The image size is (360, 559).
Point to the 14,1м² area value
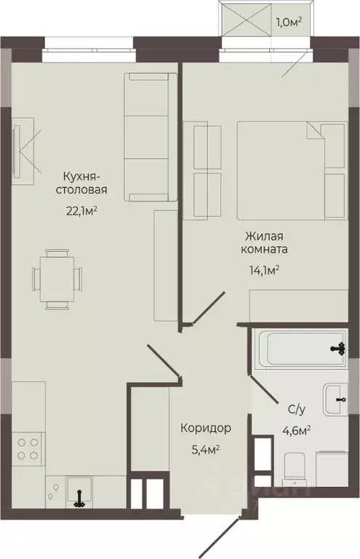click(x=265, y=270)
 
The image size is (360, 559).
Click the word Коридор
click(x=206, y=427)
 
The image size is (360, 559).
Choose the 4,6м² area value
click(x=295, y=430)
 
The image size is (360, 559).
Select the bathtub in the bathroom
click(x=298, y=349)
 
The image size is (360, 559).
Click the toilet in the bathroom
click(x=294, y=467)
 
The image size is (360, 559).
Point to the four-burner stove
click(x=27, y=447)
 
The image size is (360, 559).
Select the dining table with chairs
click(x=55, y=277)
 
